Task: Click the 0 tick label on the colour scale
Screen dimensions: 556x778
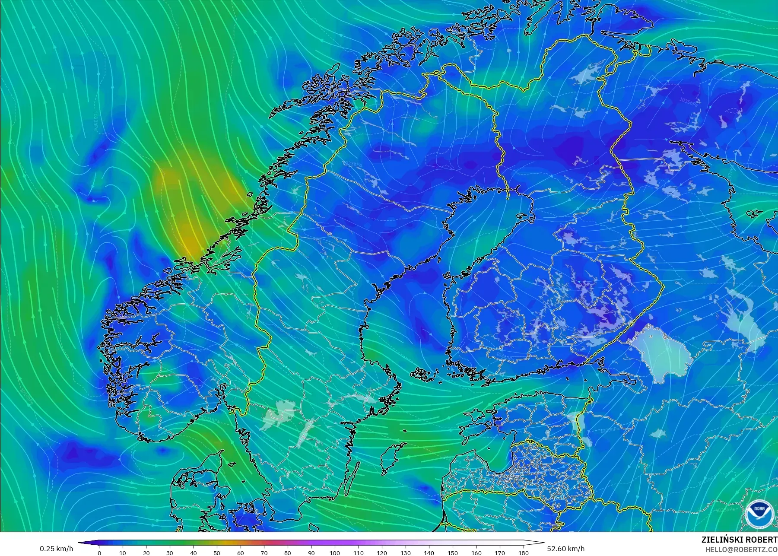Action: point(99,553)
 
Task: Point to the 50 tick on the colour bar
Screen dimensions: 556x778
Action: point(217,553)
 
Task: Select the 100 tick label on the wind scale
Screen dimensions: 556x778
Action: point(335,553)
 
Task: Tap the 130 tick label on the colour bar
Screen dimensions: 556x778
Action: point(405,553)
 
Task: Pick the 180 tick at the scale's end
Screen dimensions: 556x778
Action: point(523,553)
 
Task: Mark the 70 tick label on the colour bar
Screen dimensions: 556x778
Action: point(264,553)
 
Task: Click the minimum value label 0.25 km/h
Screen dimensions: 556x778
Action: point(56,549)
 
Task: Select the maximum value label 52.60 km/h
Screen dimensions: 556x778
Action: point(565,549)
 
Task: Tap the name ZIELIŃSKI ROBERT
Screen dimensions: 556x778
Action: point(739,540)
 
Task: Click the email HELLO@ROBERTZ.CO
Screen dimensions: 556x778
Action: point(741,550)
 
